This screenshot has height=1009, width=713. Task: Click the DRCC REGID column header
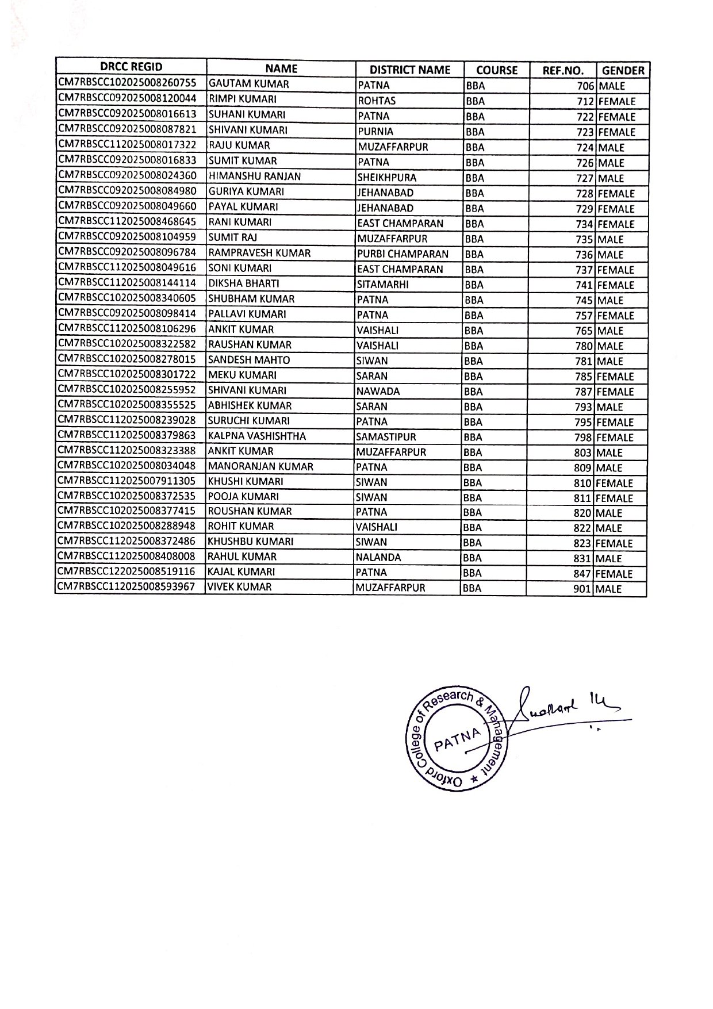(x=131, y=67)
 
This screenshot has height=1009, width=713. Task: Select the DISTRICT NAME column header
(x=409, y=70)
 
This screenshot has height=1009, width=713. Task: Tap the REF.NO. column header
(x=563, y=71)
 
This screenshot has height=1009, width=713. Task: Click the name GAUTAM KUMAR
(x=248, y=84)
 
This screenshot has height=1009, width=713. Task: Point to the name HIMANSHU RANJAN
(x=255, y=177)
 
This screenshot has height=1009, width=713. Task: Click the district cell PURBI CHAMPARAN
(x=402, y=254)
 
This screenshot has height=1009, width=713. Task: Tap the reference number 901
(x=582, y=589)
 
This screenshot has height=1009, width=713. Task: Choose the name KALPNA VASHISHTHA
(x=256, y=436)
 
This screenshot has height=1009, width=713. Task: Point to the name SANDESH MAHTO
(x=248, y=360)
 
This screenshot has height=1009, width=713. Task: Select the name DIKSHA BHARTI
(x=243, y=283)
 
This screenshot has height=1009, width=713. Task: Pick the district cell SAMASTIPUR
(x=386, y=437)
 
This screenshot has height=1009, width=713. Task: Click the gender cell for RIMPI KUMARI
(x=616, y=102)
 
